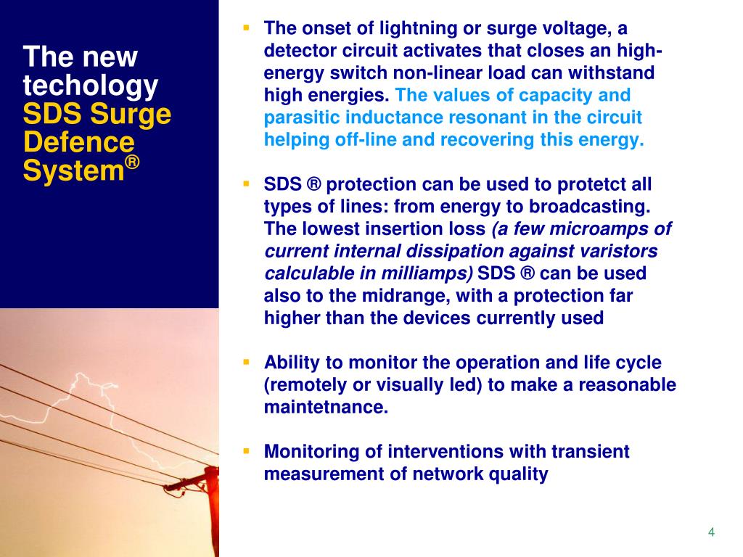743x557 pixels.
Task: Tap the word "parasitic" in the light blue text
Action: (x=299, y=117)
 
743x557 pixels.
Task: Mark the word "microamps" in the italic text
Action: (x=592, y=229)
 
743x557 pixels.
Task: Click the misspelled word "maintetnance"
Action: (x=326, y=407)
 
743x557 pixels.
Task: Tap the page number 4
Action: (x=711, y=533)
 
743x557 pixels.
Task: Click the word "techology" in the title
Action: (x=90, y=86)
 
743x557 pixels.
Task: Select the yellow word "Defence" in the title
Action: (x=78, y=143)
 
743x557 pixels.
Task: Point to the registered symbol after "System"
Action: (x=131, y=165)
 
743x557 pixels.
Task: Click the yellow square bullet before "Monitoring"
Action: (x=246, y=450)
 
